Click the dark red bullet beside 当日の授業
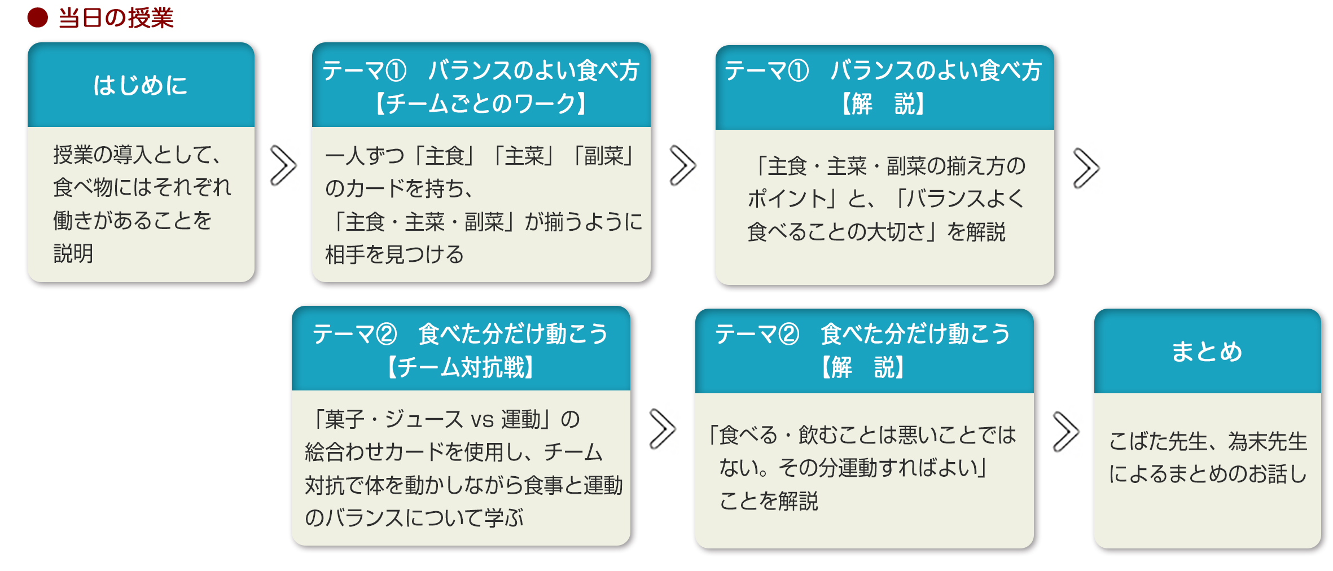tap(38, 17)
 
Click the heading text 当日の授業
tap(116, 18)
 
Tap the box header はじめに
tap(141, 86)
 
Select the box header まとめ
tap(1207, 352)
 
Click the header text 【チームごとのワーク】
tap(481, 104)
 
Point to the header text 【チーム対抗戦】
tap(461, 367)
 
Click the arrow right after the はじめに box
tap(283, 165)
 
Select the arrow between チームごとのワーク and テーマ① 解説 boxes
tap(682, 165)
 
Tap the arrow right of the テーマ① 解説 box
tap(1086, 168)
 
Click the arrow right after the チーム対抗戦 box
tap(662, 429)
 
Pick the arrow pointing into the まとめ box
tap(1065, 432)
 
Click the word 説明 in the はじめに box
tap(73, 253)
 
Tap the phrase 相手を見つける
tap(394, 254)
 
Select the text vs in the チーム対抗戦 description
tap(482, 420)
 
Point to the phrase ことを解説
tap(769, 500)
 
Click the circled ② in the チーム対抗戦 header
tap(387, 334)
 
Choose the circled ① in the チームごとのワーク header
tap(396, 71)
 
